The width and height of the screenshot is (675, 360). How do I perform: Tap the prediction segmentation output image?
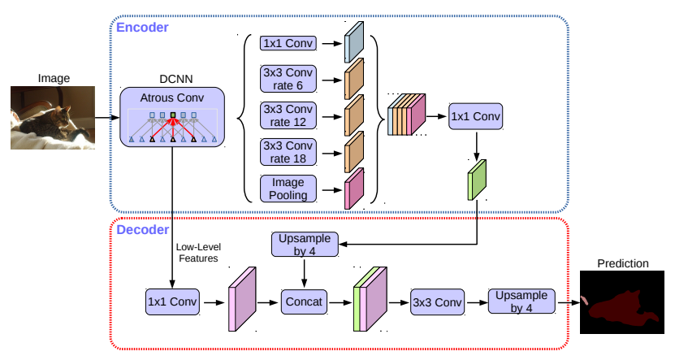(x=621, y=303)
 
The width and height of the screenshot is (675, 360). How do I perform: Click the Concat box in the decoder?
(x=304, y=302)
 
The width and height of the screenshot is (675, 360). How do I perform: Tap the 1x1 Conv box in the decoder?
(x=172, y=302)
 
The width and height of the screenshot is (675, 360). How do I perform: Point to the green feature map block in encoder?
(x=475, y=180)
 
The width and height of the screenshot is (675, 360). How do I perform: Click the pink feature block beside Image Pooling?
(x=353, y=189)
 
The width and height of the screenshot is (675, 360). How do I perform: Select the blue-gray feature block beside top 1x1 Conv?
(x=353, y=42)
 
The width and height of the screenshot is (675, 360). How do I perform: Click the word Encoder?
(x=142, y=28)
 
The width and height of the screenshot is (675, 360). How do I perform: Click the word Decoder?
(x=142, y=230)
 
